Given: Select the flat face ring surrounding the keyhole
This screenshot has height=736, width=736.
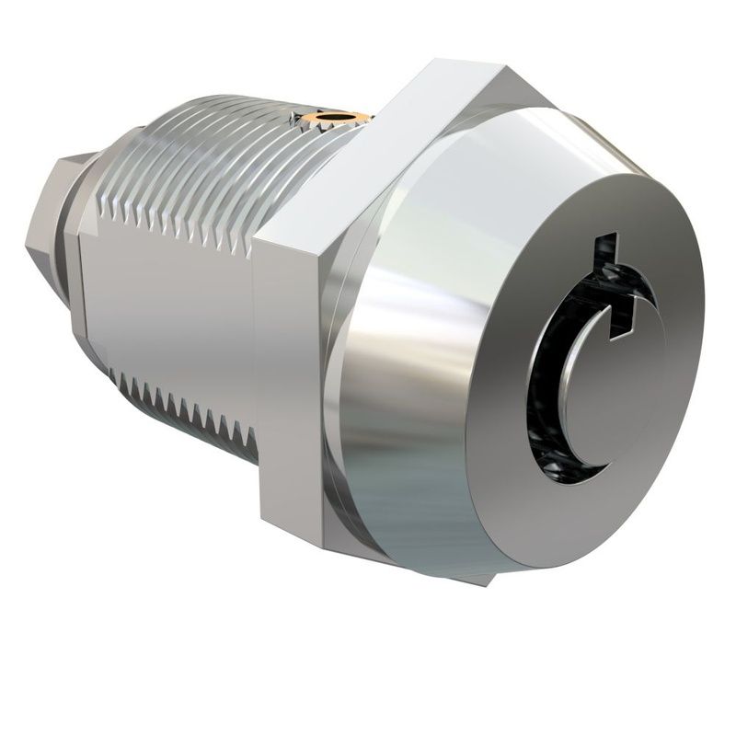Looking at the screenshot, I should point(635,258).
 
